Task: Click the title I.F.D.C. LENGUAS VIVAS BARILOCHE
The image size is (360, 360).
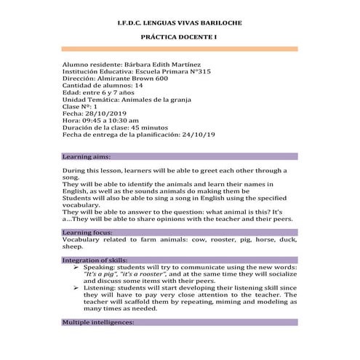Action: click(180, 23)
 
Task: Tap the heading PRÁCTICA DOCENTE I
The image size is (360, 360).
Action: click(180, 36)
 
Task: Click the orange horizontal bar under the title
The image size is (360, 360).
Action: click(180, 49)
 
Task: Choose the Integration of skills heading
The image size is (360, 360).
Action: click(95, 260)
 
